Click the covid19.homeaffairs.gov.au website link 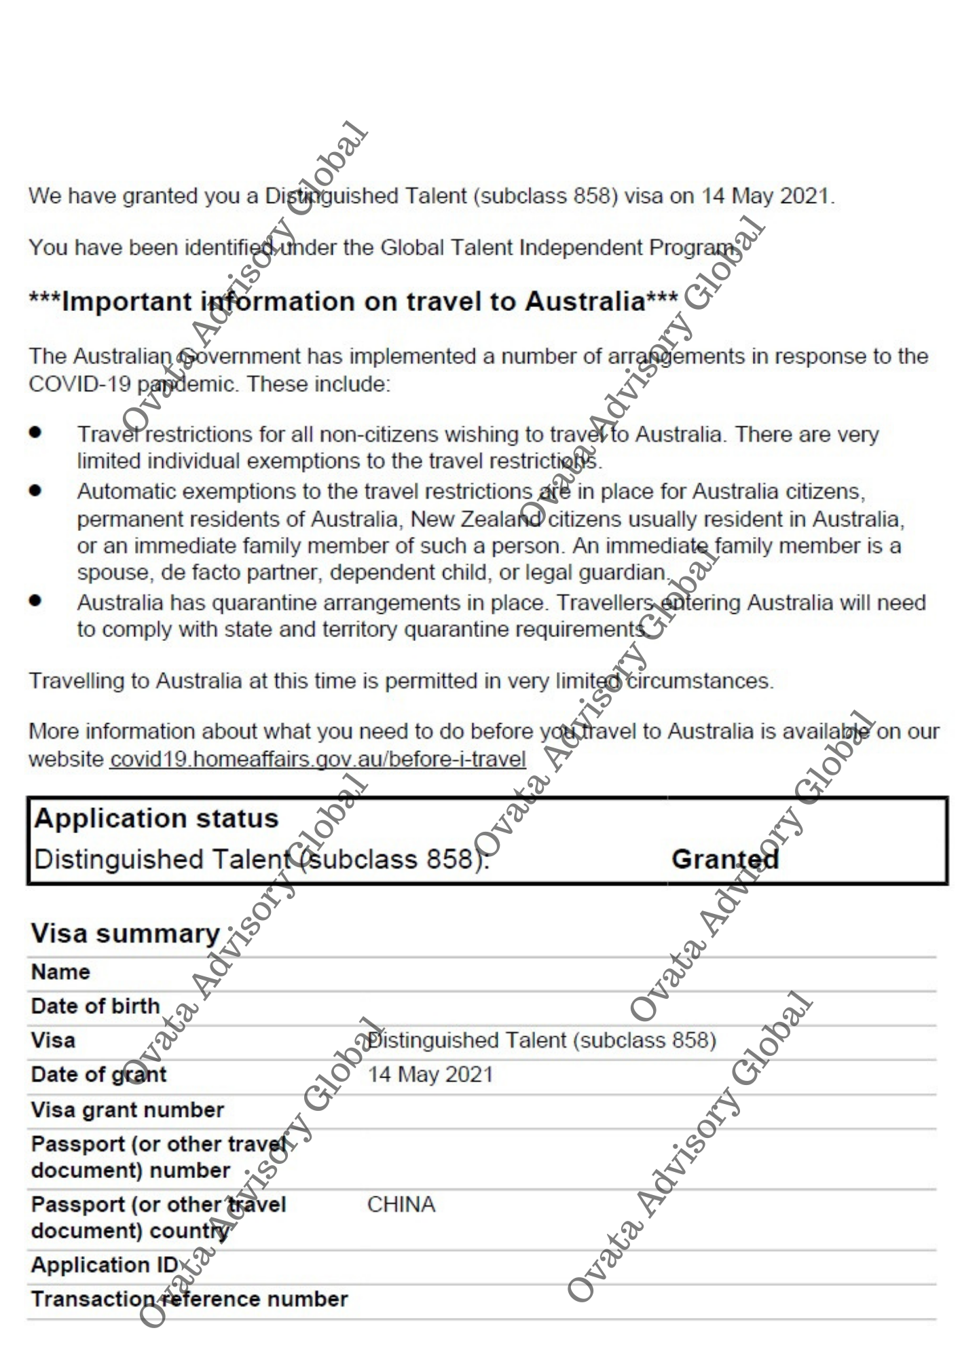[318, 758]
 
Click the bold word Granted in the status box [724, 859]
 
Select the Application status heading [156, 818]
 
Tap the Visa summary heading [126, 934]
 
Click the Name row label [60, 972]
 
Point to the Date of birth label [95, 1006]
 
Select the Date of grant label [98, 1074]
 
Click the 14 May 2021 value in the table [430, 1074]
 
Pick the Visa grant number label [127, 1109]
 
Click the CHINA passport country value [401, 1204]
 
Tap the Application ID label [105, 1264]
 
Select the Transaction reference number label [189, 1298]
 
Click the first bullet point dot [35, 433]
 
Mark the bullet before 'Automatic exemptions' [35, 490]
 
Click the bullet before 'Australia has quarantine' [35, 601]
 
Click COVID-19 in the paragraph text [79, 384]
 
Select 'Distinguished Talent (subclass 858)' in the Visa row [541, 1040]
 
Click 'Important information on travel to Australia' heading [353, 301]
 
